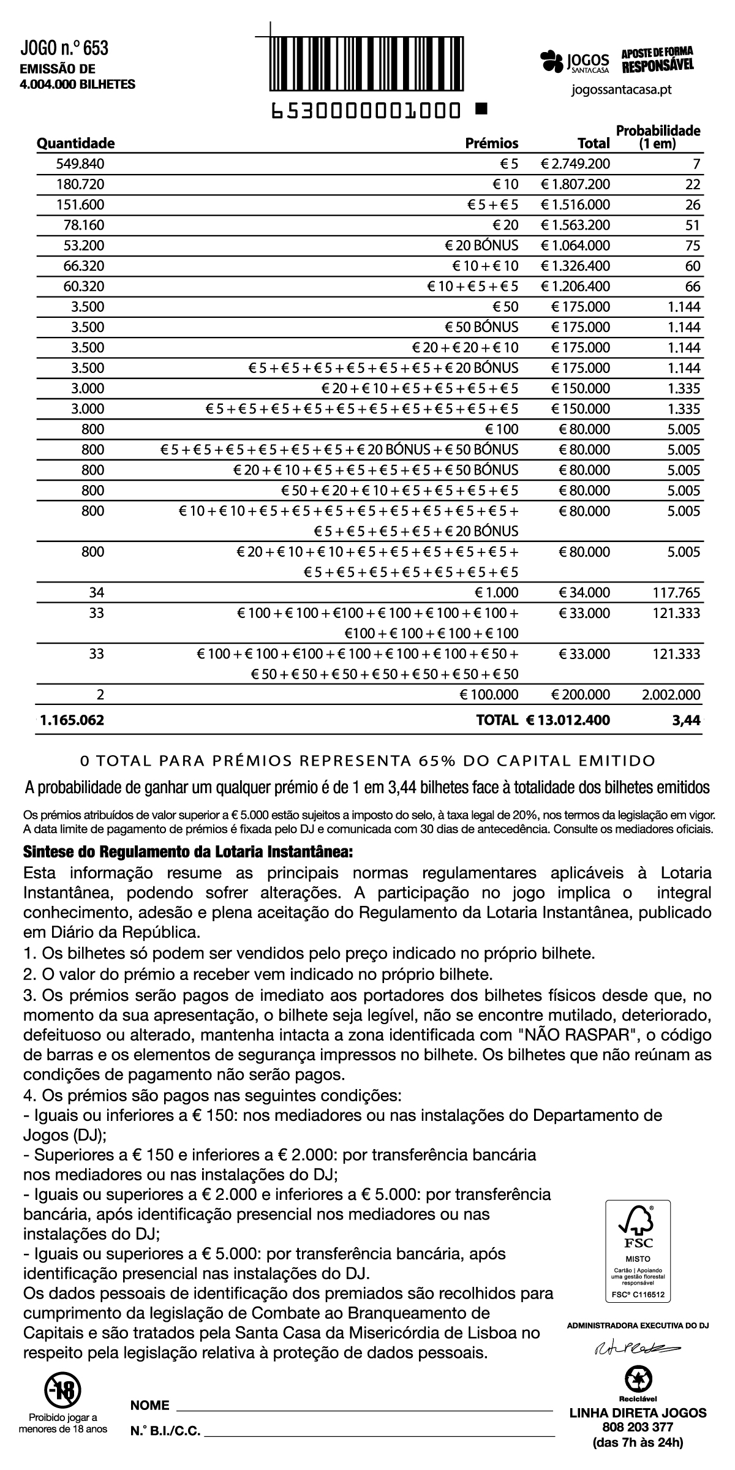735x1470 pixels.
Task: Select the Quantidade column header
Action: tap(76, 143)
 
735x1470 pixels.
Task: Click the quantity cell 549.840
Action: tap(80, 164)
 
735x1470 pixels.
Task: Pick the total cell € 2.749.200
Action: tap(576, 164)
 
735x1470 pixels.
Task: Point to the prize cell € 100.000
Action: tap(489, 695)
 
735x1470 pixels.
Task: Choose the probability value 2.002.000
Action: tap(671, 695)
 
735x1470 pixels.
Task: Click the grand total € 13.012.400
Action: tap(568, 720)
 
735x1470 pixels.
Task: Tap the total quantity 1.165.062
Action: tap(72, 720)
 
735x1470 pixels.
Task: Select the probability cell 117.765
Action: tap(676, 593)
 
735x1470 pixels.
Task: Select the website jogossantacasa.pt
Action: tap(621, 90)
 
